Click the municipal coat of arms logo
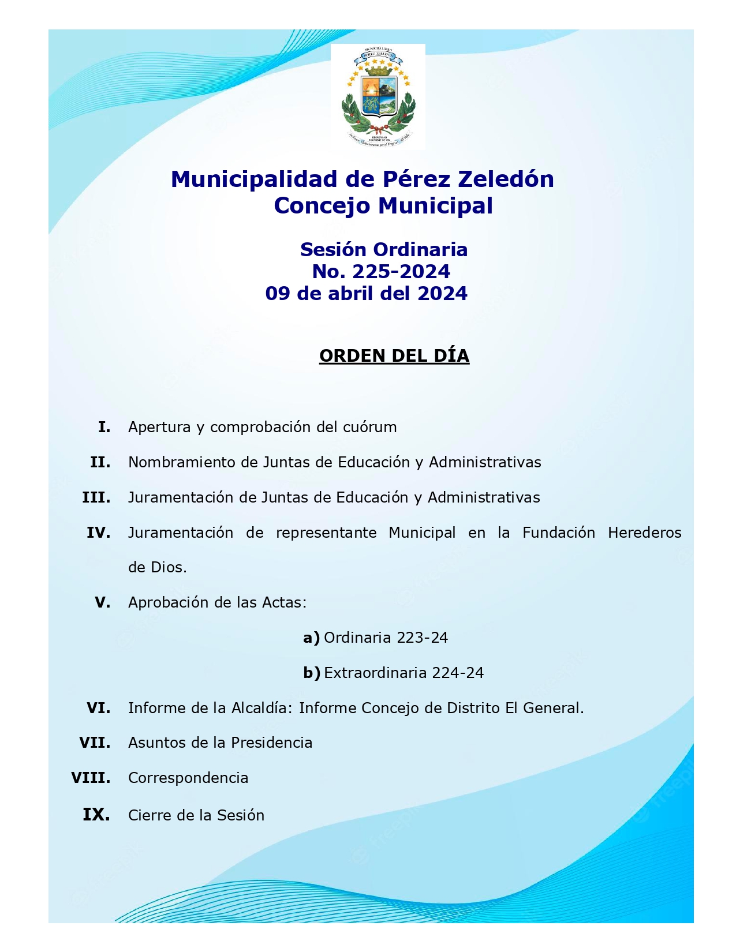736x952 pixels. [x=378, y=96]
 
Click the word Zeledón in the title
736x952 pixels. [x=506, y=179]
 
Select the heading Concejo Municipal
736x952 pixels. [x=383, y=206]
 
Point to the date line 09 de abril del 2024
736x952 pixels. [x=366, y=294]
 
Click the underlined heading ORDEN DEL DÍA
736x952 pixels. [x=394, y=356]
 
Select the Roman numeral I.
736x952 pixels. [x=104, y=428]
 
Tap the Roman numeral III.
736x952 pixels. [x=96, y=498]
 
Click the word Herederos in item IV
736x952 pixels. [x=644, y=533]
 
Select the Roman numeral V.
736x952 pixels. [x=102, y=603]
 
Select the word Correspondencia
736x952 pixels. [x=188, y=778]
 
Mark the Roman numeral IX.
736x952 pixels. [x=96, y=815]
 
